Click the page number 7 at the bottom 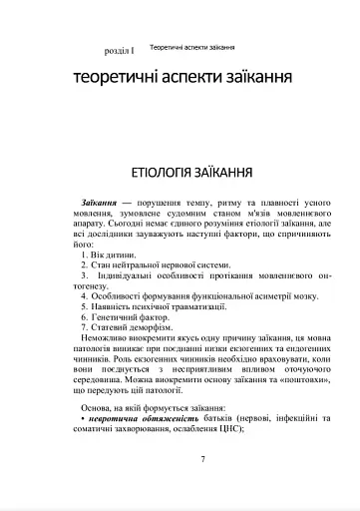point(201,459)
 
